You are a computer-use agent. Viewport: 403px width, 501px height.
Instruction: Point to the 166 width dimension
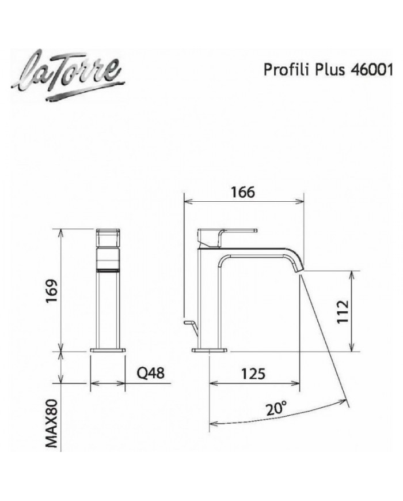pos(243,192)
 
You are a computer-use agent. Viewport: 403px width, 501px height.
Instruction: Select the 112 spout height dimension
pos(342,312)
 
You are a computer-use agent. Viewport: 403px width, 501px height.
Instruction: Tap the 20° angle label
pos(276,409)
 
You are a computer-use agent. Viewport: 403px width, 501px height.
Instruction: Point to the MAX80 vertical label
pos(52,423)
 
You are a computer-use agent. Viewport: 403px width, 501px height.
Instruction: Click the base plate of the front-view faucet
pos(109,349)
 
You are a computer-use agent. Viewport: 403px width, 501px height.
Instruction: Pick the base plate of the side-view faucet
pos(211,349)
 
